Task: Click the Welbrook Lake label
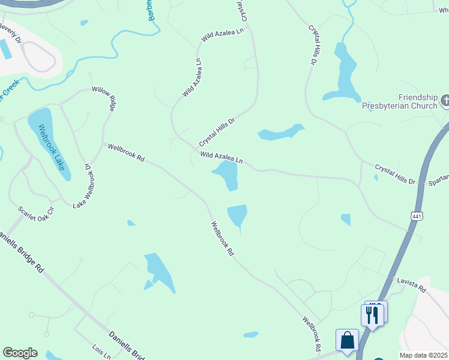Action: pos(51,147)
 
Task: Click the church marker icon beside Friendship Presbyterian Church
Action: pos(445,100)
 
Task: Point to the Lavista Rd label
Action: pos(411,284)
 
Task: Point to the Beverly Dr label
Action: pos(10,33)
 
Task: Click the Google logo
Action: pos(20,353)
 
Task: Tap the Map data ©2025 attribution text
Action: pos(423,355)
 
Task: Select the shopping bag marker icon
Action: pos(348,341)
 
